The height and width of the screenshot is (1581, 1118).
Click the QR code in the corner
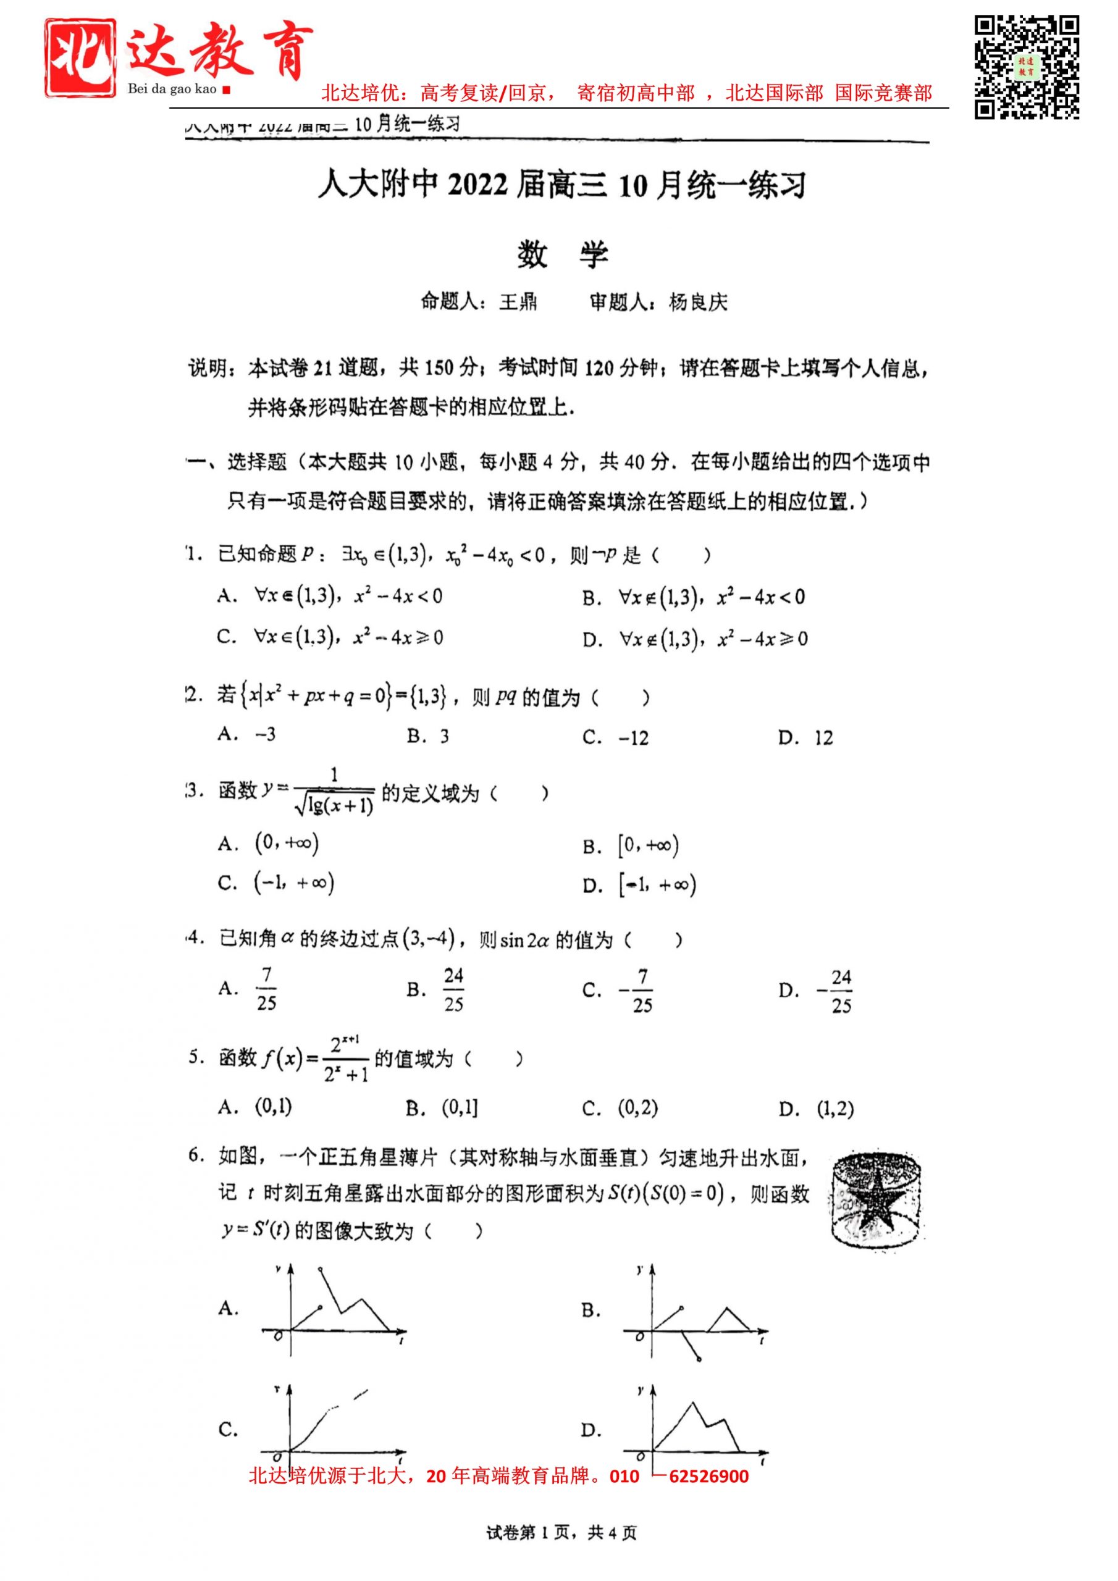coord(1026,67)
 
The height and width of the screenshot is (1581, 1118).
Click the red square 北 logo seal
coord(80,58)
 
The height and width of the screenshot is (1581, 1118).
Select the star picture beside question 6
coord(877,1202)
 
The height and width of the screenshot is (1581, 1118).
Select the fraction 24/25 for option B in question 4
coord(453,990)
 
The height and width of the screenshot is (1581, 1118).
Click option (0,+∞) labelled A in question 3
coord(287,844)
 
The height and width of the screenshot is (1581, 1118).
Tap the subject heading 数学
coord(562,255)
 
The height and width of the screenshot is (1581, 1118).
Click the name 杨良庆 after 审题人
coord(698,302)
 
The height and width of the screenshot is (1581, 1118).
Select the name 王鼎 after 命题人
coord(518,302)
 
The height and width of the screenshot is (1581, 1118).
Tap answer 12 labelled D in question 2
coord(823,738)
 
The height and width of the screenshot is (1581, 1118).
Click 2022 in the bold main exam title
coord(477,186)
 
